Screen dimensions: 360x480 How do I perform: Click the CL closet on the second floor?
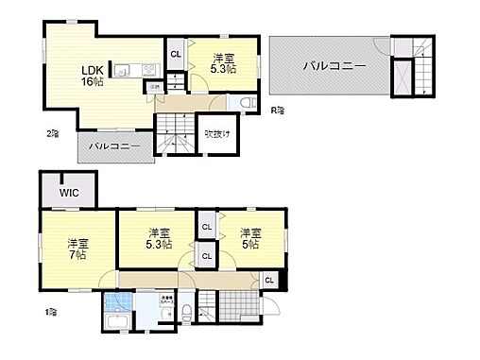(x=176, y=54)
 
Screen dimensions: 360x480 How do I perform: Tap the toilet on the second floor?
(x=246, y=103)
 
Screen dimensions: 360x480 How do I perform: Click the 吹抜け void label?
(x=217, y=131)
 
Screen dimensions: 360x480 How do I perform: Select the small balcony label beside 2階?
(x=114, y=147)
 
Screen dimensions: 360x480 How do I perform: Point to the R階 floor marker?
(x=278, y=111)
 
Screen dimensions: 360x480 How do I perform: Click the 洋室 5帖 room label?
(x=249, y=239)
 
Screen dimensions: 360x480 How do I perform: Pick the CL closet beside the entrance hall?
(x=269, y=280)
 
